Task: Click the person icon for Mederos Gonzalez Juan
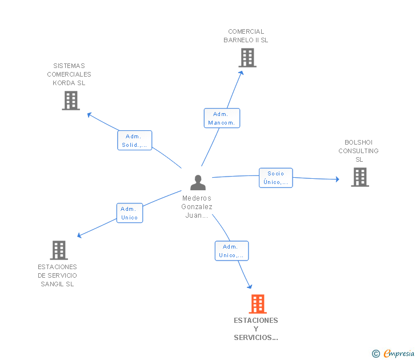pyautogui.click(x=198, y=182)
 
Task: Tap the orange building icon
pyautogui.click(x=258, y=304)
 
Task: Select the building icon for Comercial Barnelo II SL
pyautogui.click(x=247, y=58)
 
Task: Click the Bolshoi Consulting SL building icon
pyautogui.click(x=359, y=177)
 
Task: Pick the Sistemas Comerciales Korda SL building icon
pyautogui.click(x=70, y=101)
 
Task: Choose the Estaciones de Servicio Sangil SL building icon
pyautogui.click(x=59, y=250)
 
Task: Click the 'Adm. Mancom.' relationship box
pyautogui.click(x=222, y=118)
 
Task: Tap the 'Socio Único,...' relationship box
pyautogui.click(x=275, y=178)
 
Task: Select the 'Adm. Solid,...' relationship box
pyautogui.click(x=135, y=141)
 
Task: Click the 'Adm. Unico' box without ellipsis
pyautogui.click(x=129, y=213)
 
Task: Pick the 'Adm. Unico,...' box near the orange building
pyautogui.click(x=231, y=251)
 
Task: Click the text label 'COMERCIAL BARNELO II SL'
pyautogui.click(x=246, y=36)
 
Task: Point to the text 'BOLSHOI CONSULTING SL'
pyautogui.click(x=358, y=151)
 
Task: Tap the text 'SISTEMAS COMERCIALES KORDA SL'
pyautogui.click(x=69, y=74)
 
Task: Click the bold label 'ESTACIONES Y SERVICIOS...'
pyautogui.click(x=256, y=329)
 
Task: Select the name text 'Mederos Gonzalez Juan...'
pyautogui.click(x=197, y=207)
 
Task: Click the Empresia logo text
pyautogui.click(x=399, y=353)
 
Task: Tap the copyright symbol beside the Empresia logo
pyautogui.click(x=376, y=354)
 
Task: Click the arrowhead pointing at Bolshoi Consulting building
pyautogui.click(x=337, y=179)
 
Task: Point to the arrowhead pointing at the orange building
pyautogui.click(x=249, y=286)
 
